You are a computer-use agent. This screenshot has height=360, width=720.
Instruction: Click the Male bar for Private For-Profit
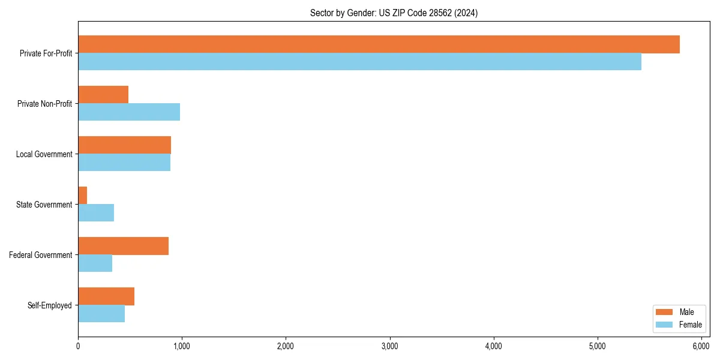coord(379,44)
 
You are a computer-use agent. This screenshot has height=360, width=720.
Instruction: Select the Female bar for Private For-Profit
coord(359,62)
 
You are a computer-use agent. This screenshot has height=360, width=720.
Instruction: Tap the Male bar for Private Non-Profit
coord(103,94)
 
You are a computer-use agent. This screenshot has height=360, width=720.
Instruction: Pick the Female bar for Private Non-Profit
coord(129,112)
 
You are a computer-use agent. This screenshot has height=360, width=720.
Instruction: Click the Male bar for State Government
coord(83,195)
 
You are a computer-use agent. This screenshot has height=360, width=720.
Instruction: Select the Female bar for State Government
coord(96,213)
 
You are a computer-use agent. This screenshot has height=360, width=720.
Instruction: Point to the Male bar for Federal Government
coord(123,245)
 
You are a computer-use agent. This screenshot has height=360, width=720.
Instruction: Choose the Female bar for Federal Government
coord(95,263)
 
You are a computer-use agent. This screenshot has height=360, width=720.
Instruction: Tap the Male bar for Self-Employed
coord(106,296)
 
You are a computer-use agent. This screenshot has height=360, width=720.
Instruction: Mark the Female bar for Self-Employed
coord(101,314)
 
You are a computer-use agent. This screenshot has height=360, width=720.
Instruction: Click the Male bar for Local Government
coord(124,145)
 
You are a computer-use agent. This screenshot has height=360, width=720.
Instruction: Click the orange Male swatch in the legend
coord(664,312)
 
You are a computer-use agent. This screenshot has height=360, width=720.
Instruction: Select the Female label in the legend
coord(690,325)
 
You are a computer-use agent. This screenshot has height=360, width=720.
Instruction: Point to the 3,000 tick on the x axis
coord(390,337)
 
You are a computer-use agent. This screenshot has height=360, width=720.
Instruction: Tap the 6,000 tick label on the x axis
coord(701,346)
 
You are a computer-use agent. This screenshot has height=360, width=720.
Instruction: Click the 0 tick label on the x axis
coord(78,346)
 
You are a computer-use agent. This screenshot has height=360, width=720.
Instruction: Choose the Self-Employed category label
coord(50,305)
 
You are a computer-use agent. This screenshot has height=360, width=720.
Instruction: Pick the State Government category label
coord(44,205)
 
